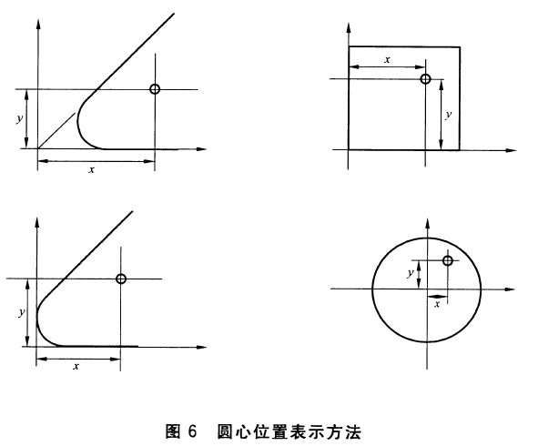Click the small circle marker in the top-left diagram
pos(155,89)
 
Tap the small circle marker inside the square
pos(425,79)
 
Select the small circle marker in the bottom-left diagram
pos(121,279)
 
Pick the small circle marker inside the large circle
pos(447,260)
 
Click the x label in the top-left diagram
pos(91,169)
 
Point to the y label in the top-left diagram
pos(20,118)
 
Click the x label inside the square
pos(388,60)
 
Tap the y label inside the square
pos(449,115)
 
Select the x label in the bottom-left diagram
pos(76,367)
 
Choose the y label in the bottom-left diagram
pos(22,312)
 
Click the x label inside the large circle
pos(437,304)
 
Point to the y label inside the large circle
pos(411,273)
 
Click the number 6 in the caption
pos(192,431)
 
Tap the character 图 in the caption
pos(173,431)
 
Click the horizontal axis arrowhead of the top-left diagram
pos(201,149)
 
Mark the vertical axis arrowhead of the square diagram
pos(349,28)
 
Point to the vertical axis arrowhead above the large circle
pos(428,224)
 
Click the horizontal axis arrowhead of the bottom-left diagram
pos(201,347)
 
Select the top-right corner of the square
pos(460,46)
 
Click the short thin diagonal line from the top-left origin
pos(56,131)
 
